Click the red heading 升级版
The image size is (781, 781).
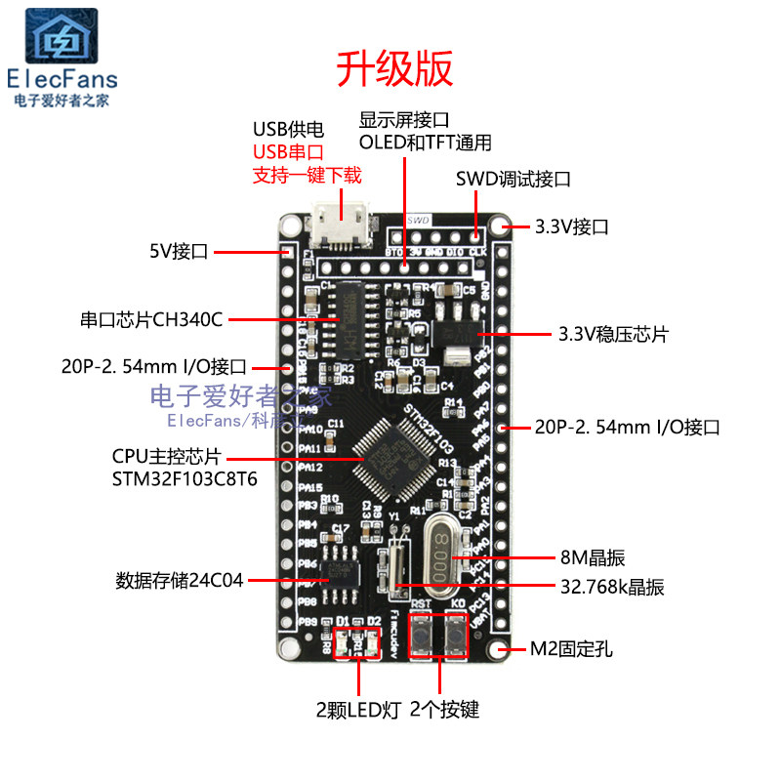tap(395, 68)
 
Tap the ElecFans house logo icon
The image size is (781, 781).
tap(62, 37)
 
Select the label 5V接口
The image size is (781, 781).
tap(179, 252)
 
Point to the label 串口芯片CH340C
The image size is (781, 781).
tap(151, 319)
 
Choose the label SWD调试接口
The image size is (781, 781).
tap(513, 180)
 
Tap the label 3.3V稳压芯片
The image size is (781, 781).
tap(613, 334)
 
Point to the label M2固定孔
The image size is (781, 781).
tap(572, 649)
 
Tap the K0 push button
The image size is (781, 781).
tap(456, 639)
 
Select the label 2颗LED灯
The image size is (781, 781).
tap(359, 710)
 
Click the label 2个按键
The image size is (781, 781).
tap(445, 710)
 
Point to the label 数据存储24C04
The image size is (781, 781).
tap(179, 581)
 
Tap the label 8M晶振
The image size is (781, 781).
tap(593, 558)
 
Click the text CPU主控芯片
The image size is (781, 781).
tap(168, 456)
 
